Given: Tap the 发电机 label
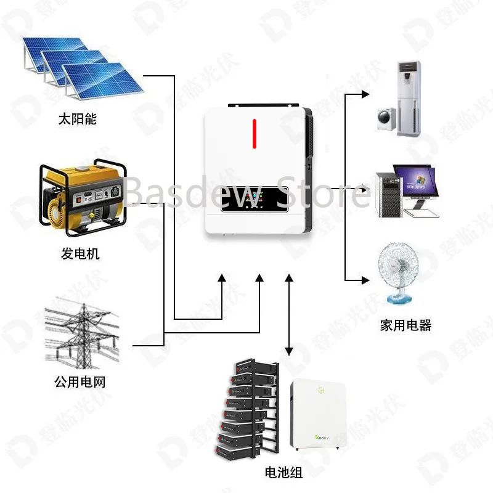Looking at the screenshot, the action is coord(80,253).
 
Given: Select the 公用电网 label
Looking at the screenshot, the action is coord(80,382).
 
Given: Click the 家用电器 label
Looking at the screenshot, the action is coord(405,325).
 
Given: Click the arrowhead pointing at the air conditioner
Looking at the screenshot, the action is coord(365,94).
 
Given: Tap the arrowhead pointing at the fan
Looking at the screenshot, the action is coord(365,279).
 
